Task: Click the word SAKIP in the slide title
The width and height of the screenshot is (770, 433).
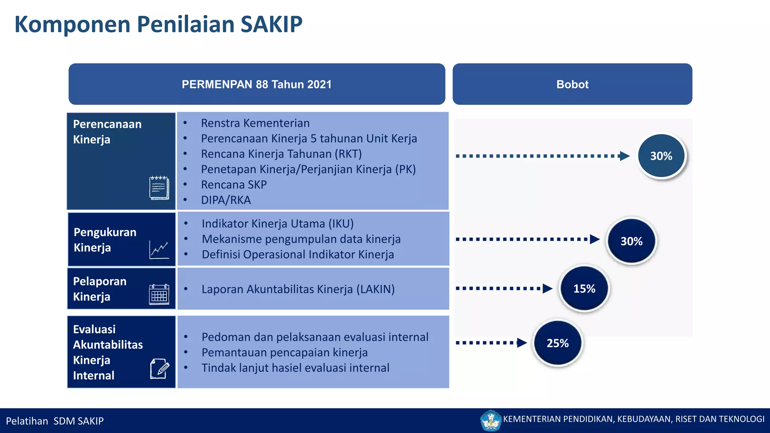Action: [271, 24]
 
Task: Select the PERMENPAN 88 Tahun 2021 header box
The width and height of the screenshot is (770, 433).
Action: [257, 84]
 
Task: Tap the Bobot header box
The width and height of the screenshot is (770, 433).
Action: [572, 84]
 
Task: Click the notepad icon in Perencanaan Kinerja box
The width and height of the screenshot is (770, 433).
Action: [159, 187]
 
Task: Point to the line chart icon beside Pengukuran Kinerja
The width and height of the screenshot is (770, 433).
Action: [159, 249]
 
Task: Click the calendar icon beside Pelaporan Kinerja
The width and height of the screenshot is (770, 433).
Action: [159, 294]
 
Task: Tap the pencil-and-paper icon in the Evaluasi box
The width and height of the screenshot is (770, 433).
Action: [159, 369]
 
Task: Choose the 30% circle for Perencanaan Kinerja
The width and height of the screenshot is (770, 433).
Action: [661, 156]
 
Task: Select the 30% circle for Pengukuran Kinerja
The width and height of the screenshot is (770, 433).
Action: [631, 241]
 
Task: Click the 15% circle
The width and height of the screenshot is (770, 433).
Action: [584, 289]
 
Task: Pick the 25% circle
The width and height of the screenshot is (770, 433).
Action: [557, 343]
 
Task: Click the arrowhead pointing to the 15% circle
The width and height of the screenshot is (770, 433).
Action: [547, 289]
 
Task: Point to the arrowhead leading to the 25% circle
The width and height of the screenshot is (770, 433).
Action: [521, 343]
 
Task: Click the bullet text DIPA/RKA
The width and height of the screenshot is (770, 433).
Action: [226, 200]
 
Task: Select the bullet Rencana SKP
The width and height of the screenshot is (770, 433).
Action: [233, 185]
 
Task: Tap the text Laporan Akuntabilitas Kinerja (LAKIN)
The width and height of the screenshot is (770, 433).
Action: [298, 289]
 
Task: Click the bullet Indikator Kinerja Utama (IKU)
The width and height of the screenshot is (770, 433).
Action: [277, 224]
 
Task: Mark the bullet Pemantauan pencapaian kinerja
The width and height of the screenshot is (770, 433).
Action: [284, 353]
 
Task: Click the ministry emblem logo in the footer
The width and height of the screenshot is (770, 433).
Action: [491, 420]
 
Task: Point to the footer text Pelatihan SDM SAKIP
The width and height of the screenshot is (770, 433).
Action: [55, 421]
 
